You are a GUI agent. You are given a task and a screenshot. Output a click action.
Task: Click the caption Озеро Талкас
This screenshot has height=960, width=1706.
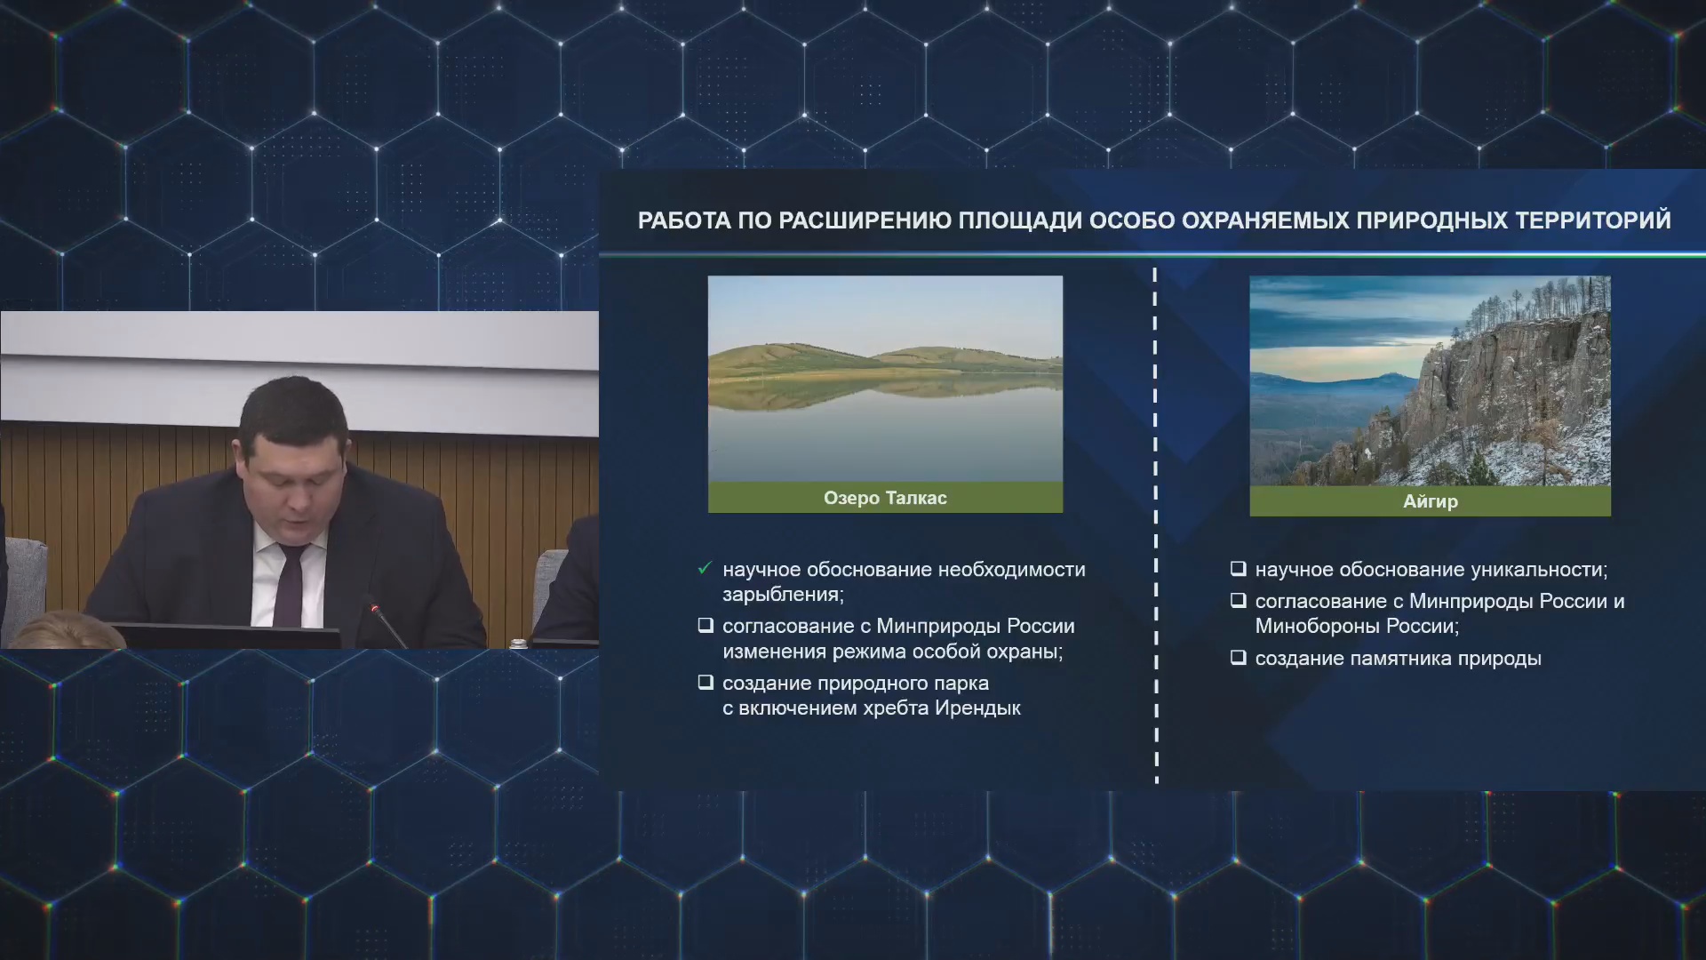885,498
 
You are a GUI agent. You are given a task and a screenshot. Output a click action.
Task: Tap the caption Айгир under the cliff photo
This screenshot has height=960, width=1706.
1430,501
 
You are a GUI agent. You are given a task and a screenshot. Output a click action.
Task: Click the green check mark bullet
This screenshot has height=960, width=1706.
706,568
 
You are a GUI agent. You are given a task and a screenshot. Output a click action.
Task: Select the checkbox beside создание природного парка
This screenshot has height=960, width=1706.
706,683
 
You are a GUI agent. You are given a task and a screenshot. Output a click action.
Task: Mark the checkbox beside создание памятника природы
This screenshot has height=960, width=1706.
1238,658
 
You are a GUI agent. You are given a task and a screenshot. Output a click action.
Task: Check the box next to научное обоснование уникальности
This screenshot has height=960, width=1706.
1238,569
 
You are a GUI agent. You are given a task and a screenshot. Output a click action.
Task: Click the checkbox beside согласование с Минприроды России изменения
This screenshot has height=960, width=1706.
706,626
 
